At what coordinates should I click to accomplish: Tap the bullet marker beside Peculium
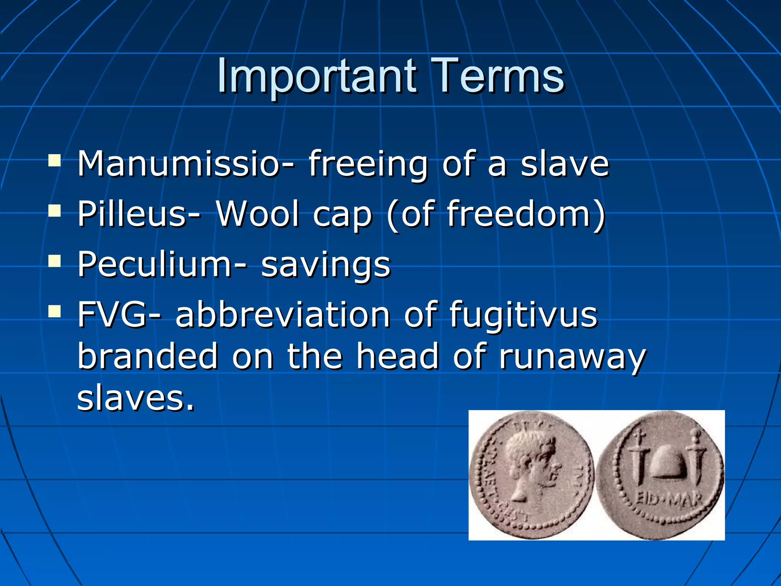coord(55,261)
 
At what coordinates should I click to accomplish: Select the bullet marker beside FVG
coord(55,311)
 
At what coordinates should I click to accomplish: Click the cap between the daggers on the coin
coord(667,462)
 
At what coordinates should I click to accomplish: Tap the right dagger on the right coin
coord(696,458)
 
